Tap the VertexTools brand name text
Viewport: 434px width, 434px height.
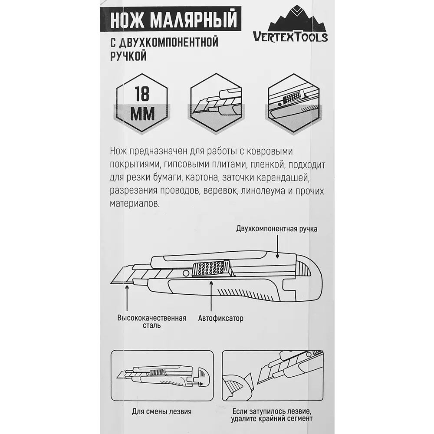pyautogui.click(x=290, y=37)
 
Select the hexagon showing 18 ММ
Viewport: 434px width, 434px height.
pyautogui.click(x=142, y=103)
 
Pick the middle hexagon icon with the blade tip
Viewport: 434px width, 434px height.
pyautogui.click(x=216, y=103)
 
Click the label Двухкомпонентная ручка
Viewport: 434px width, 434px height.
pyautogui.click(x=276, y=229)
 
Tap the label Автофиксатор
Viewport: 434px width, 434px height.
pyautogui.click(x=220, y=318)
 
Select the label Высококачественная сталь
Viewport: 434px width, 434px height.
pyautogui.click(x=151, y=322)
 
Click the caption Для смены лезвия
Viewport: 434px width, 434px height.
pyautogui.click(x=162, y=411)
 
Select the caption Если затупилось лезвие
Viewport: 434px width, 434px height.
pyautogui.click(x=272, y=411)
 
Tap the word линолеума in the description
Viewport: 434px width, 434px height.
pyautogui.click(x=270, y=191)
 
